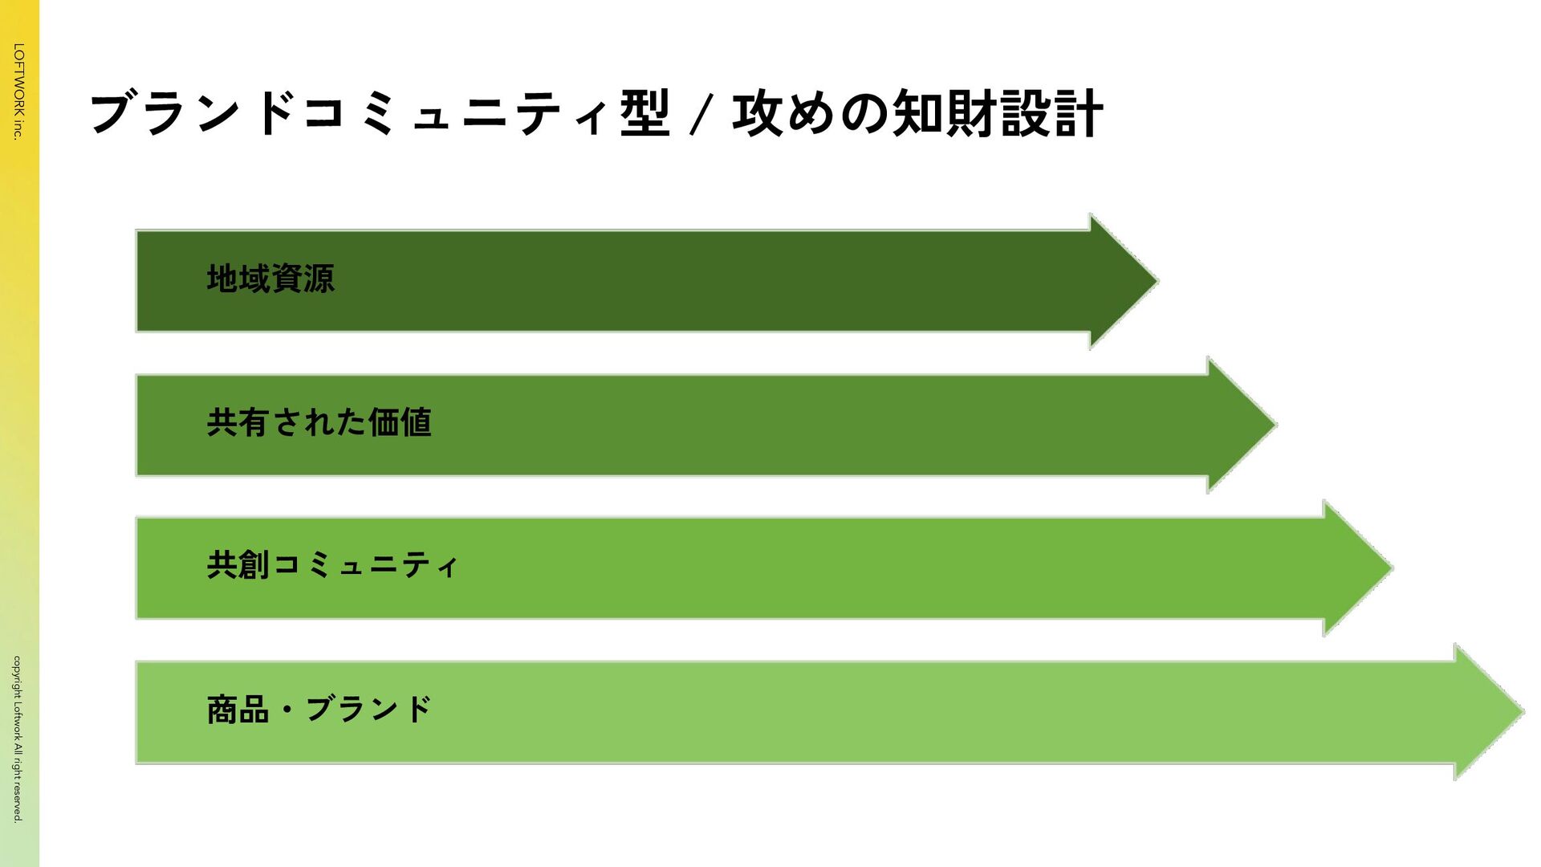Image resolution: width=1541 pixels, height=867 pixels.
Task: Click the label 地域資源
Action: (x=270, y=279)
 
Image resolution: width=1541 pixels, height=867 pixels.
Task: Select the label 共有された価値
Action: (x=319, y=422)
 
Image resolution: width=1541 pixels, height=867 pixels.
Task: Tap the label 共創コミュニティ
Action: (x=331, y=565)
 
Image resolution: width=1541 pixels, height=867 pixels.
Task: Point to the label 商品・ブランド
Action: (x=319, y=710)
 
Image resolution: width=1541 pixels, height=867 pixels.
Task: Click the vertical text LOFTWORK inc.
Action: (x=18, y=92)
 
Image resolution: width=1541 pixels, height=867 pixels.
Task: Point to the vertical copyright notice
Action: (x=18, y=739)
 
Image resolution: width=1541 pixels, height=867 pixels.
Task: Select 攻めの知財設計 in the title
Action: (x=917, y=113)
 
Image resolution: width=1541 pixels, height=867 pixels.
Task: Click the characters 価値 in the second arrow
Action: (x=400, y=422)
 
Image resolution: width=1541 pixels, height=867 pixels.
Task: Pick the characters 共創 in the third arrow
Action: (x=238, y=565)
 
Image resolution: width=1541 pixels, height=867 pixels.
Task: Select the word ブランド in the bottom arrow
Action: (x=368, y=710)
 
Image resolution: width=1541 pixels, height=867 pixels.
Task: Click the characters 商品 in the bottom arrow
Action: (x=238, y=710)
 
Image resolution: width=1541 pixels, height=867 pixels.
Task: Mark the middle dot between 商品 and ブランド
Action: (x=287, y=710)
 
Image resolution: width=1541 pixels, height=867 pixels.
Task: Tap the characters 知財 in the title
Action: (x=945, y=113)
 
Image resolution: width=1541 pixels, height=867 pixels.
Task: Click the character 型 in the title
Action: (x=644, y=113)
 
